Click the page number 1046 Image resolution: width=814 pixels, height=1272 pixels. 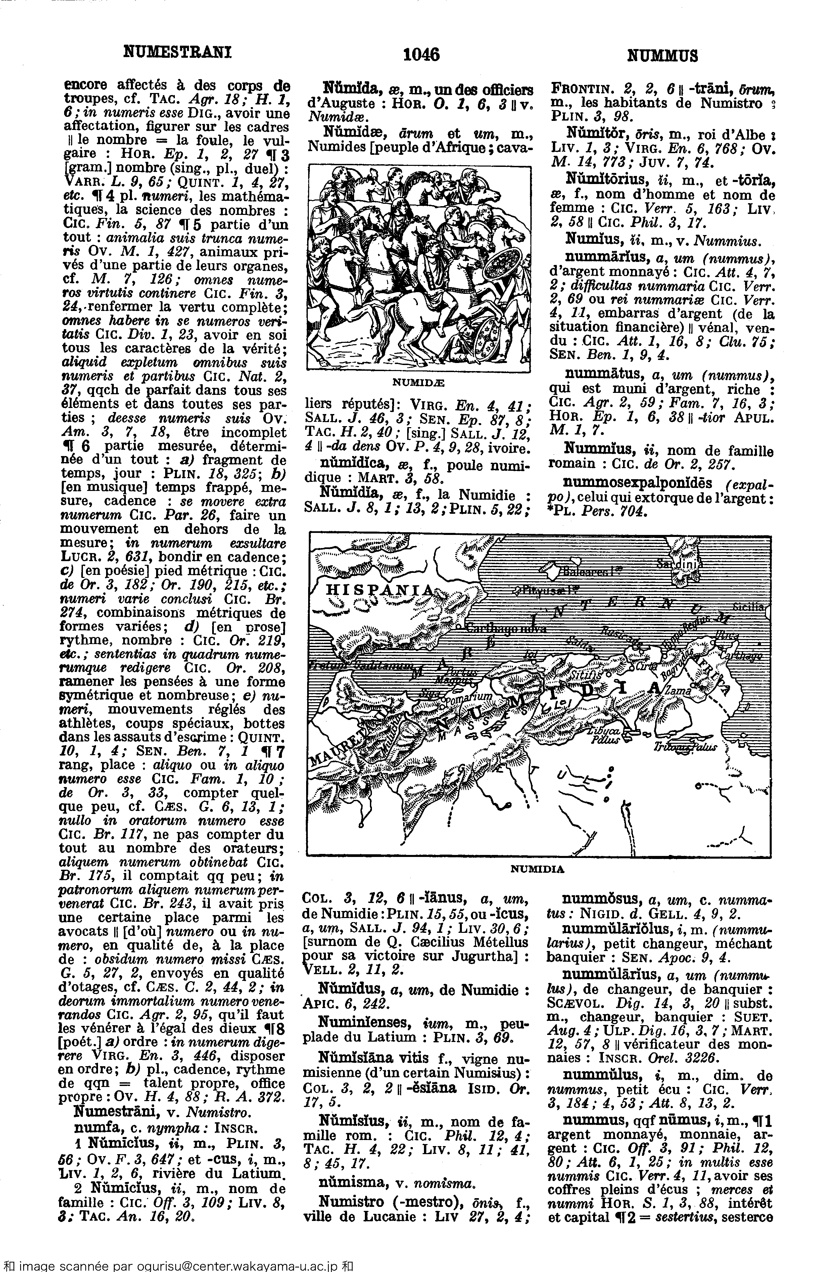point(421,54)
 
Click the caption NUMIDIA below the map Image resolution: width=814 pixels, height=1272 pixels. point(537,869)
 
